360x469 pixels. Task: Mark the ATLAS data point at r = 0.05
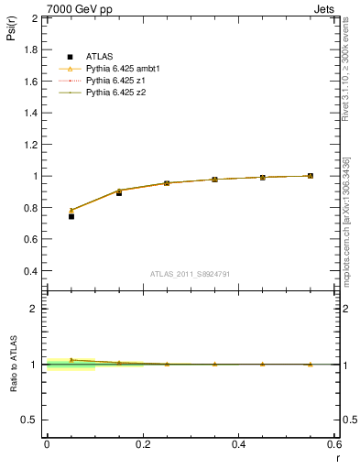click(71, 216)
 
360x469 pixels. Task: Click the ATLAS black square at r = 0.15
click(119, 192)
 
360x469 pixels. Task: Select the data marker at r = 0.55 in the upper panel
click(310, 176)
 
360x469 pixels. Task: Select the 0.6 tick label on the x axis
click(335, 444)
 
